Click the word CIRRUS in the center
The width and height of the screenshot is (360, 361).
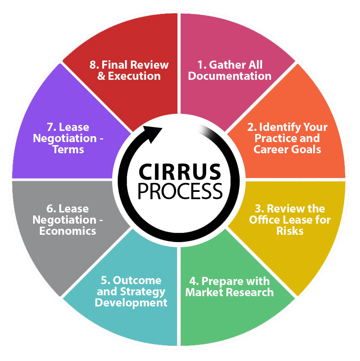pyautogui.click(x=180, y=172)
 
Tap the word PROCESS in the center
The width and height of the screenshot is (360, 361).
pyautogui.click(x=180, y=191)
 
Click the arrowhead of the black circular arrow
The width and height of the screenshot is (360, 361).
pyautogui.click(x=153, y=134)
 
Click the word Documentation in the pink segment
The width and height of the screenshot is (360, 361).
pyautogui.click(x=229, y=76)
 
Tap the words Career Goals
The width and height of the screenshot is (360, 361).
pyautogui.click(x=287, y=149)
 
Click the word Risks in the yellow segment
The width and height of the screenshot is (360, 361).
pyautogui.click(x=290, y=231)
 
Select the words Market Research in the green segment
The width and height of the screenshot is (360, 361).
pyautogui.click(x=229, y=292)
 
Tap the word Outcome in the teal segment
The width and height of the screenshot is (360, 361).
pyautogui.click(x=137, y=280)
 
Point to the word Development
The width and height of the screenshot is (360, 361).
pyautogui.click(x=131, y=303)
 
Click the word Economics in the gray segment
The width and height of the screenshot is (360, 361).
pyautogui.click(x=67, y=231)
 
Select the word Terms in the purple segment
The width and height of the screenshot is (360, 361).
pyautogui.click(x=68, y=149)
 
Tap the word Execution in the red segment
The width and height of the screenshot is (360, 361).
pyautogui.click(x=134, y=76)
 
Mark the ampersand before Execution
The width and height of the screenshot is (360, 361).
pyautogui.click(x=101, y=76)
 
